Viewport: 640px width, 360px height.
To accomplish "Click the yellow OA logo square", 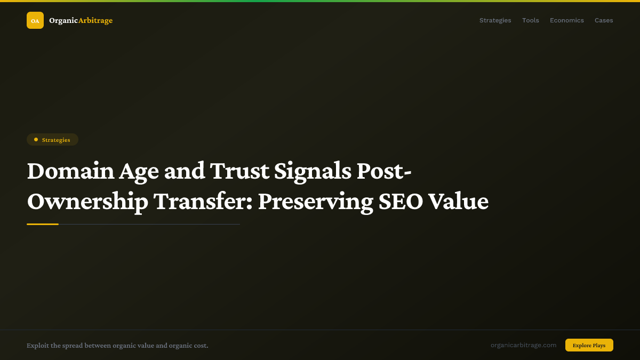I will (x=35, y=20).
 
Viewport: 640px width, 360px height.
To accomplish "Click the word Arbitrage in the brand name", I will (x=95, y=20).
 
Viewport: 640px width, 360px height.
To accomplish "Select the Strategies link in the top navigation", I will (x=495, y=20).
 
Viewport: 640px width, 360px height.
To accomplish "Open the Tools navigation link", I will (x=530, y=20).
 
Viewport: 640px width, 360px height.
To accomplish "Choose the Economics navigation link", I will (x=566, y=20).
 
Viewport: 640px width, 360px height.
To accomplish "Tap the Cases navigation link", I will (x=604, y=20).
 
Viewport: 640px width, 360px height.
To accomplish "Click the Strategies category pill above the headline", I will (x=52, y=140).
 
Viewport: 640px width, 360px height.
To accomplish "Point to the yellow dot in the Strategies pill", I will (x=36, y=140).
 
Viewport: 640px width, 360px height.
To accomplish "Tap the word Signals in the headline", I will (x=312, y=171).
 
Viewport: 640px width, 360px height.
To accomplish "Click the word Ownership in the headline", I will (x=87, y=202).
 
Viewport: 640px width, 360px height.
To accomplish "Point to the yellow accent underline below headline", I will (x=43, y=224).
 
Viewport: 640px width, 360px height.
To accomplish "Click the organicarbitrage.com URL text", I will (x=523, y=345).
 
